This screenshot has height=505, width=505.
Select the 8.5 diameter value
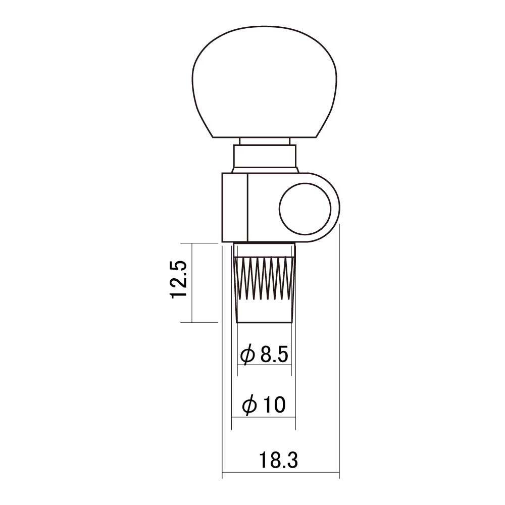[274, 355]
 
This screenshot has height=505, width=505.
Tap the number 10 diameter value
[274, 405]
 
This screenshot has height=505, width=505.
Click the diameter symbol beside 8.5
[247, 355]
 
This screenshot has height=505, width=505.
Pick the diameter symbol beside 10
[249, 405]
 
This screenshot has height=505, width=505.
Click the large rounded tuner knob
[265, 82]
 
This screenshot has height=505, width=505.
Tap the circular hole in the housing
[305, 209]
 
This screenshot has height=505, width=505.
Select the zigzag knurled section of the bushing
[265, 278]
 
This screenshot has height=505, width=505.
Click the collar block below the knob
[265, 156]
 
